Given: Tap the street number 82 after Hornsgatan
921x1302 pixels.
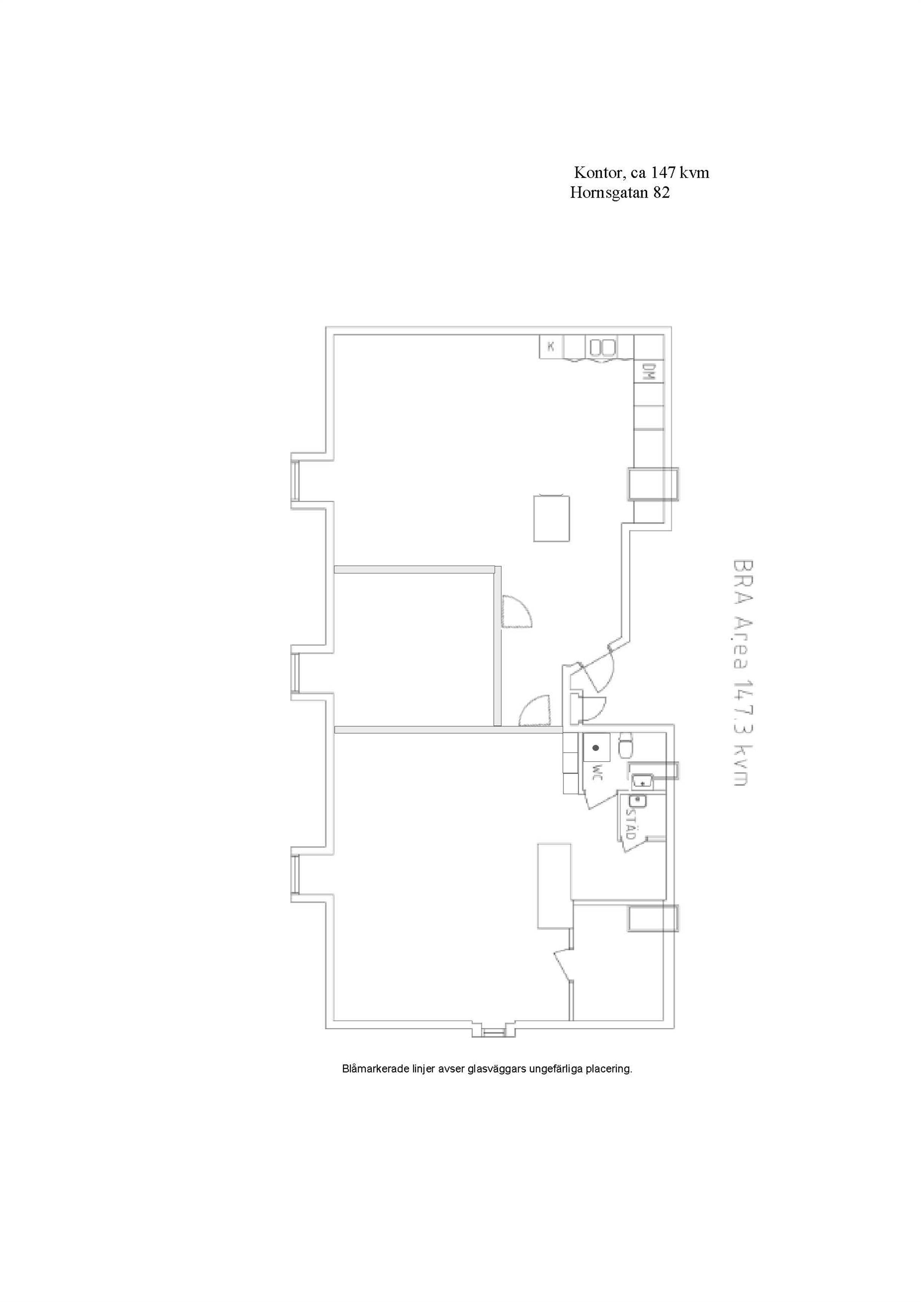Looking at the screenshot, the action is tap(661, 193).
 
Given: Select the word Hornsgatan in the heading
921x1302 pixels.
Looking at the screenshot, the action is tap(609, 193).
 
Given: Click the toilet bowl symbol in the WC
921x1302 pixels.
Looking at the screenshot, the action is tap(625, 746).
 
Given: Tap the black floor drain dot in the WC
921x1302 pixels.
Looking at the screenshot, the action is tap(596, 747).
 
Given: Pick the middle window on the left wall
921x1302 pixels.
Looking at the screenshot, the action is tap(295, 673).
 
